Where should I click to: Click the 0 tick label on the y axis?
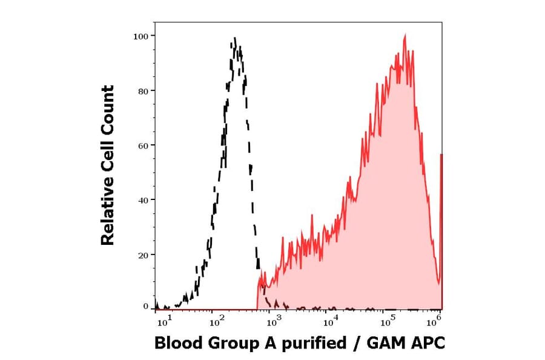(146, 307)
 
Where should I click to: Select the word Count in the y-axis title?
(108, 110)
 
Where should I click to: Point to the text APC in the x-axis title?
(428, 343)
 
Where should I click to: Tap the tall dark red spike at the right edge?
(441, 230)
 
